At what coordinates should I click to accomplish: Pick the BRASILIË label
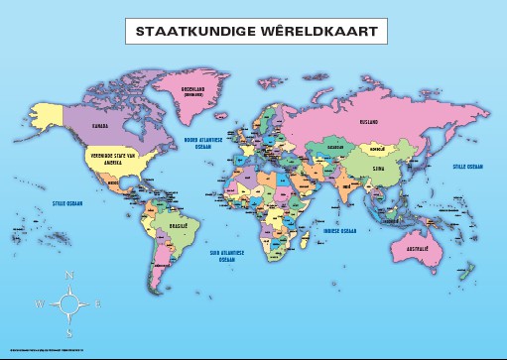point(151,228)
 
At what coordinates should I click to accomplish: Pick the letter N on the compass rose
point(68,276)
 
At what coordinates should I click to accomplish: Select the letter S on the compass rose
point(68,333)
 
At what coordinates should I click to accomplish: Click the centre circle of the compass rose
point(68,303)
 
